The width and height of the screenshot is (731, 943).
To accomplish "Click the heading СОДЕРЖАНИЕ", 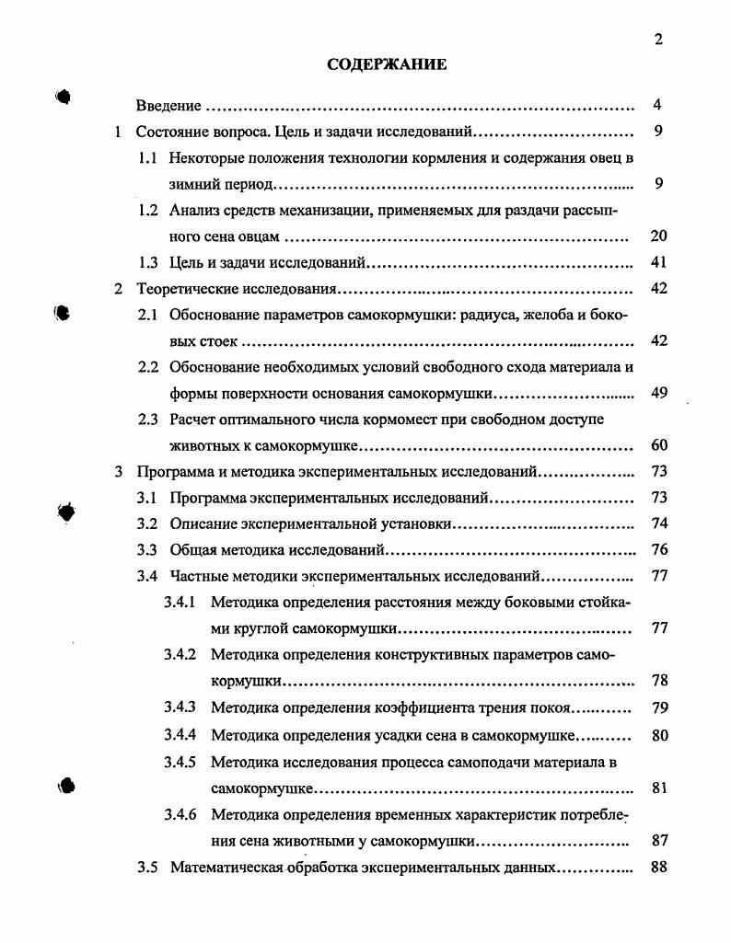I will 387,64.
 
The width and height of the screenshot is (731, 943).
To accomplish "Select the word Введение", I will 168,105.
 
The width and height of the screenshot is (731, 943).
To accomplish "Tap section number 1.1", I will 149,157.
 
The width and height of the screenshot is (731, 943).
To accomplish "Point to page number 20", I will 657,236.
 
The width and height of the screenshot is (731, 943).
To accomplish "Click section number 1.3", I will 149,262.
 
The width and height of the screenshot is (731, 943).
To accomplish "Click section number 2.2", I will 149,368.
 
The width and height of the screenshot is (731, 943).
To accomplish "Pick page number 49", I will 657,394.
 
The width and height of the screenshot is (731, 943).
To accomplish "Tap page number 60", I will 657,446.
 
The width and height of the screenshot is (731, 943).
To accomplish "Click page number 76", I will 657,551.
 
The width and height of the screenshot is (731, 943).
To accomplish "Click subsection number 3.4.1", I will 180,604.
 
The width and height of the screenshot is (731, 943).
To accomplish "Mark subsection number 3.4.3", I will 180,708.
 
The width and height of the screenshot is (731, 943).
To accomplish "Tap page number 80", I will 657,735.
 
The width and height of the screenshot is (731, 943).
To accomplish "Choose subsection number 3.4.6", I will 180,814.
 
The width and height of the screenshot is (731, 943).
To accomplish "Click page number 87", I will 657,840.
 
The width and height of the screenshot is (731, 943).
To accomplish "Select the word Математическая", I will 224,867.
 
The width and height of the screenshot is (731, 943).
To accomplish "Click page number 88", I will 657,867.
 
